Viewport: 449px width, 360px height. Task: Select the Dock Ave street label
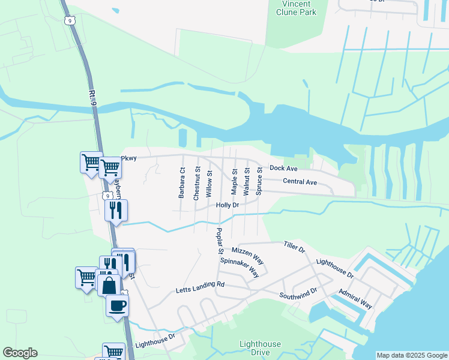click(283, 169)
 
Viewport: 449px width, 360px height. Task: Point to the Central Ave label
click(300, 181)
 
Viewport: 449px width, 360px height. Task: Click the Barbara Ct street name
click(181, 183)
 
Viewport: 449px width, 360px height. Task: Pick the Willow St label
click(209, 184)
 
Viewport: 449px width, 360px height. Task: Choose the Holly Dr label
click(228, 205)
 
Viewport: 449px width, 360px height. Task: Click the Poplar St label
click(220, 241)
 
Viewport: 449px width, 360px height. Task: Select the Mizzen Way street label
click(247, 254)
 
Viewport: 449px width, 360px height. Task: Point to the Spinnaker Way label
click(239, 268)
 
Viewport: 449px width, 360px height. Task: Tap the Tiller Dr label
click(294, 246)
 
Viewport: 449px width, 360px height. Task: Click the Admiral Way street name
click(355, 298)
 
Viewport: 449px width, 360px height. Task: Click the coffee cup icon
click(117, 305)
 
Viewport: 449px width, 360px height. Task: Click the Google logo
click(20, 353)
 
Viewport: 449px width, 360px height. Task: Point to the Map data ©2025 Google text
click(411, 355)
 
